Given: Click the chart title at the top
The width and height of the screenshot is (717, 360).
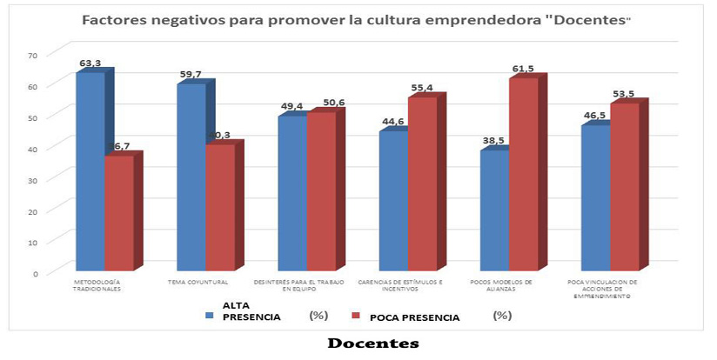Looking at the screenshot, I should (357, 19).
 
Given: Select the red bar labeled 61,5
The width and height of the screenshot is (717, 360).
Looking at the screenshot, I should (523, 173).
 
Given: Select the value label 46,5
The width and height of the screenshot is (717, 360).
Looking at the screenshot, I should (596, 116).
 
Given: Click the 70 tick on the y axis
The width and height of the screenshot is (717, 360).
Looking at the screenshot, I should (34, 55).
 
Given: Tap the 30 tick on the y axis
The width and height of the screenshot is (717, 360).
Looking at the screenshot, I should (34, 179).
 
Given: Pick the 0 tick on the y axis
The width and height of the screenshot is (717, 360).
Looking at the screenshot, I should (37, 272).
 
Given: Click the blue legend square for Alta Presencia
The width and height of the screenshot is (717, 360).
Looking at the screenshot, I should (210, 316).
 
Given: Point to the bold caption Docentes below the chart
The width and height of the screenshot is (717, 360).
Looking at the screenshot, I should (373, 343).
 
